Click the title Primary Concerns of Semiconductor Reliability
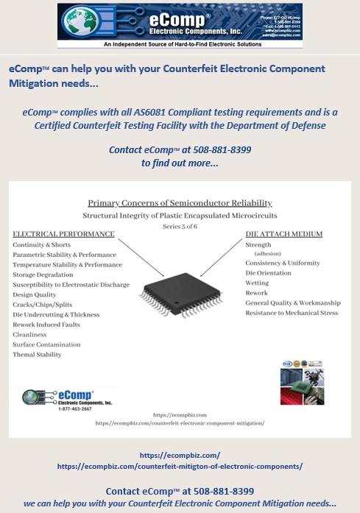tap(180, 202)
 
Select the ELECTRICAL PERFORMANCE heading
tap(63, 234)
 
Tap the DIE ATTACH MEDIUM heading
tap(283, 234)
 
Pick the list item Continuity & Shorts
tap(43, 244)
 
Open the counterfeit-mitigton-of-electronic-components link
tap(180, 467)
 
